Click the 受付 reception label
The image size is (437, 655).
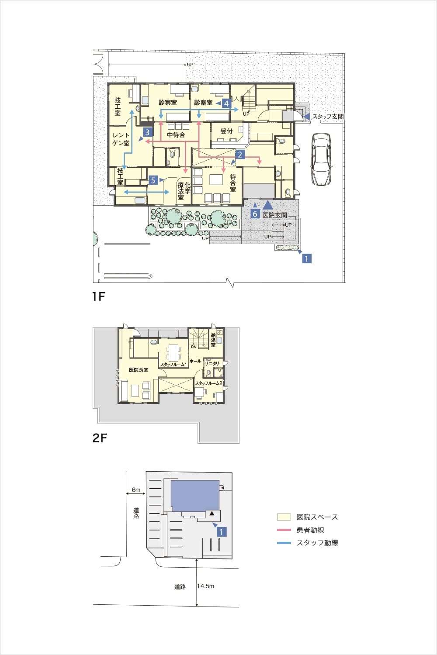tap(226, 131)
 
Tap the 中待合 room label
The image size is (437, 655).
tap(176, 135)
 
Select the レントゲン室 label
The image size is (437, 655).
tap(121, 139)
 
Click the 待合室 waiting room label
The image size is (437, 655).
tap(233, 183)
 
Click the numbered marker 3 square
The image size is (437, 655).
tap(147, 132)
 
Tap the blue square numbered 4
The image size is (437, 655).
tap(226, 103)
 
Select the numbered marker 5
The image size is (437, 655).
tap(153, 180)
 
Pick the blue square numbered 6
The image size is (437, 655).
tap(255, 214)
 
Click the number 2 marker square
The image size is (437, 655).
tap(240, 155)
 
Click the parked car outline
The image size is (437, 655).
tap(321, 159)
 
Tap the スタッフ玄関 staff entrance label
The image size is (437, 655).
tap(328, 117)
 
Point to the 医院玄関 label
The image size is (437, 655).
tap(274, 215)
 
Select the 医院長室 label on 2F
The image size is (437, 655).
tap(139, 370)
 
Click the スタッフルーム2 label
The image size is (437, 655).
tap(209, 383)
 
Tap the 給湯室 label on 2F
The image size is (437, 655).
tap(213, 341)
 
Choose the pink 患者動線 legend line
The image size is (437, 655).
tap(284, 530)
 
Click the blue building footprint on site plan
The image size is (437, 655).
tap(195, 496)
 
